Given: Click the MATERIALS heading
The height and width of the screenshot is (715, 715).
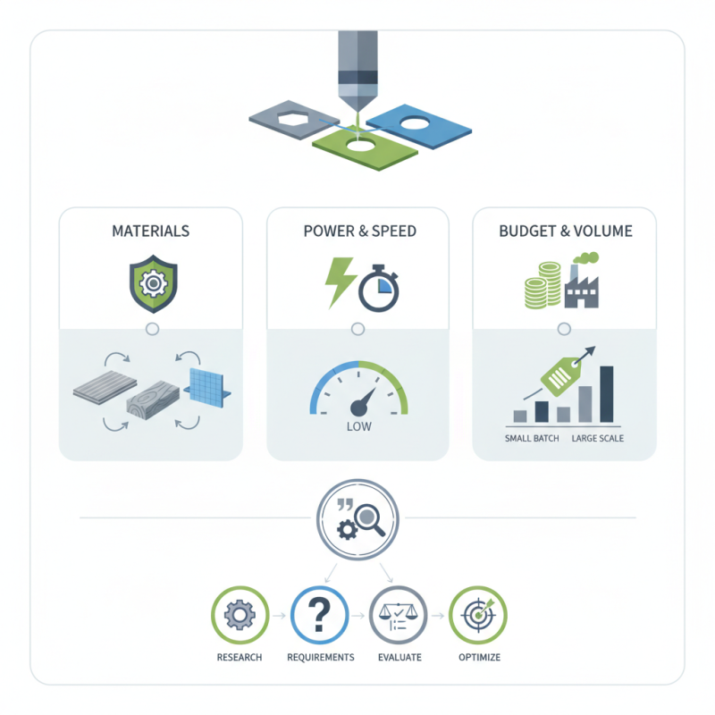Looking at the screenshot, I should point(150,231).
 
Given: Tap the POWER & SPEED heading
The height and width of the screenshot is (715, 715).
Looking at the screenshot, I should point(359,231).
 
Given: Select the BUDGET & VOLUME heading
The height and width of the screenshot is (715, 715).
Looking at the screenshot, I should point(565,231).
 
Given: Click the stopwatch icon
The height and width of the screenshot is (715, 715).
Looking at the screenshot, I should point(378,288).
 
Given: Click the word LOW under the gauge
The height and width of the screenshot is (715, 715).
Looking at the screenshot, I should point(358,427).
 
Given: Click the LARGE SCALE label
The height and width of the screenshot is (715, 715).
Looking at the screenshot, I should point(597,439).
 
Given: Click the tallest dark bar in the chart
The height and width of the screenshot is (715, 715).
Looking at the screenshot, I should point(607,393).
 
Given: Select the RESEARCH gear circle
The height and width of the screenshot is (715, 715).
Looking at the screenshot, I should point(240,616).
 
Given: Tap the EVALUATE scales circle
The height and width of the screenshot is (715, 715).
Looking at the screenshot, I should point(398,616).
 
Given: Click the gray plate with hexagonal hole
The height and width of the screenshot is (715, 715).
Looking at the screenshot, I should point(292,120).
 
